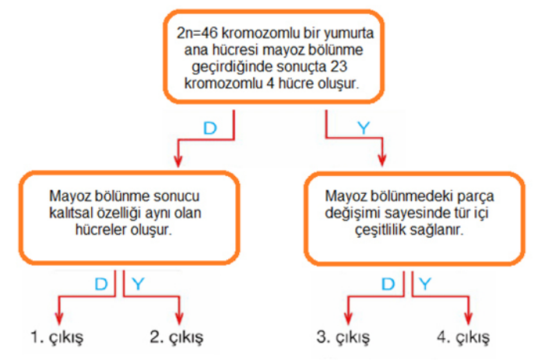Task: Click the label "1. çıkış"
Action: tap(57, 337)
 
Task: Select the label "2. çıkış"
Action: tap(177, 337)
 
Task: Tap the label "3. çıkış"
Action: tap(343, 337)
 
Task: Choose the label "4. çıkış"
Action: tap(463, 337)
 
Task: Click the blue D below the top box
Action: tap(210, 128)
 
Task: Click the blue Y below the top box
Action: tap(364, 128)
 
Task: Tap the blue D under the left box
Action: tap(101, 284)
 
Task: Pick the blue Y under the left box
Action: tap(138, 284)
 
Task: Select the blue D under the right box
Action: tap(388, 284)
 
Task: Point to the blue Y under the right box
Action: tap(425, 284)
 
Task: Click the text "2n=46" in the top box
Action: tap(197, 34)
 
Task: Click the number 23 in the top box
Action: tap(339, 67)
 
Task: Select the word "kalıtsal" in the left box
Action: tap(70, 213)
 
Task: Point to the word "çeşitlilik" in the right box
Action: tap(379, 230)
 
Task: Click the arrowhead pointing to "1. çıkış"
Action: tap(59, 319)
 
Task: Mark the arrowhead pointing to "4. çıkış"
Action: tap(469, 319)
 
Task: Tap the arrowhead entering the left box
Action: tap(178, 161)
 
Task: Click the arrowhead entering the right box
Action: tap(382, 160)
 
